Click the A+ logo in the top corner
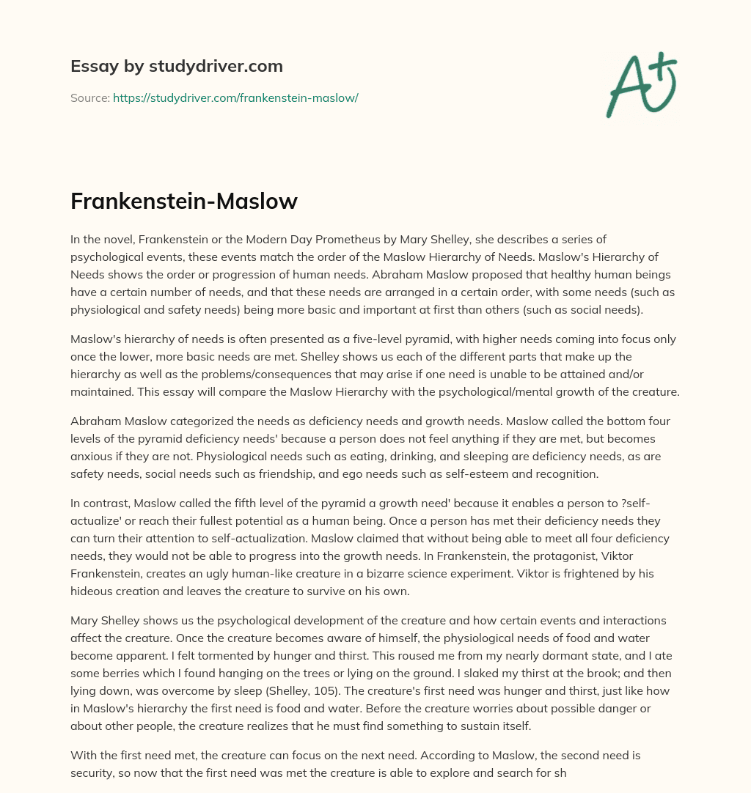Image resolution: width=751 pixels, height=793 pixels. click(640, 84)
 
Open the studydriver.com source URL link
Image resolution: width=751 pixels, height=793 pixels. click(235, 97)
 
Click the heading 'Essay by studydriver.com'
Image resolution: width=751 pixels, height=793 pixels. click(176, 66)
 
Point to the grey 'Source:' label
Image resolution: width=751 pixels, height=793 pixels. click(89, 97)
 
